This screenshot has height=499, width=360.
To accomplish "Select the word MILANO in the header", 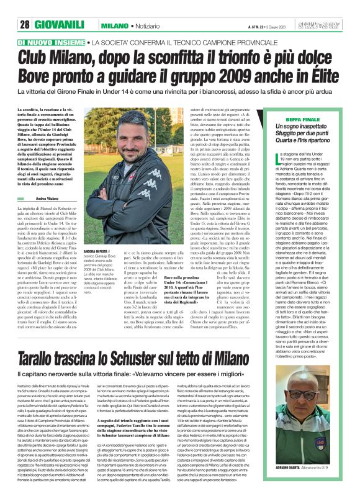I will (114, 25).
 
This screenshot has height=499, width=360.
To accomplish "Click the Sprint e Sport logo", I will (327, 25).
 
